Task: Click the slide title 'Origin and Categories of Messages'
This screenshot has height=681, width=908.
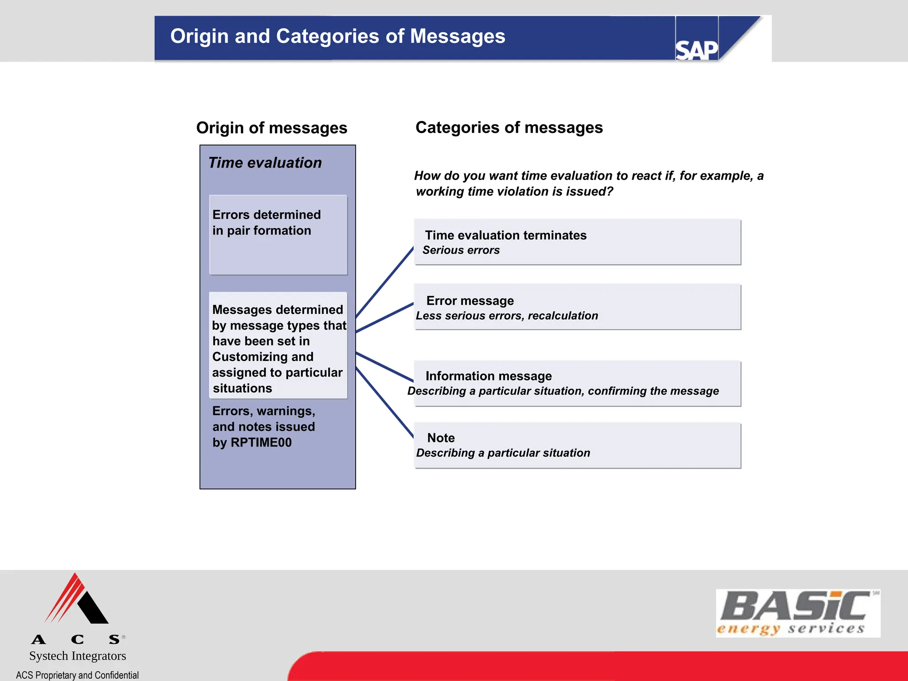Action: (337, 36)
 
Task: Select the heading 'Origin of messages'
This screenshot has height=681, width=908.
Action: (271, 128)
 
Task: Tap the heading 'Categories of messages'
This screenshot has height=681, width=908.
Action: (509, 128)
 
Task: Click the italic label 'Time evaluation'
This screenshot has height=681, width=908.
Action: (265, 163)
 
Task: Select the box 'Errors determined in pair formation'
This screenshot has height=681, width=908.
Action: (278, 235)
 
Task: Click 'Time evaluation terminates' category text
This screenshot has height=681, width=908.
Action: (505, 235)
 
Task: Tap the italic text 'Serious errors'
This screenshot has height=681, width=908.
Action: (461, 250)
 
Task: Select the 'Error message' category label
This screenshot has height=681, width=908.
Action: (470, 301)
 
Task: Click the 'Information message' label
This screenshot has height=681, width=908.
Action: (488, 376)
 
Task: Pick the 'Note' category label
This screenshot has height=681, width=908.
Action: (441, 438)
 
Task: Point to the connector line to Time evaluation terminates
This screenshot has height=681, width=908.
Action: (384, 282)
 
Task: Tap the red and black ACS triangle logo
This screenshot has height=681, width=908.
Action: (76, 599)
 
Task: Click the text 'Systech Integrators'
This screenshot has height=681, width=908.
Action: (78, 656)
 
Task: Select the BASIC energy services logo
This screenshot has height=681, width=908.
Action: (797, 613)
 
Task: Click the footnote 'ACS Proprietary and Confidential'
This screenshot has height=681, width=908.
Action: (77, 675)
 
